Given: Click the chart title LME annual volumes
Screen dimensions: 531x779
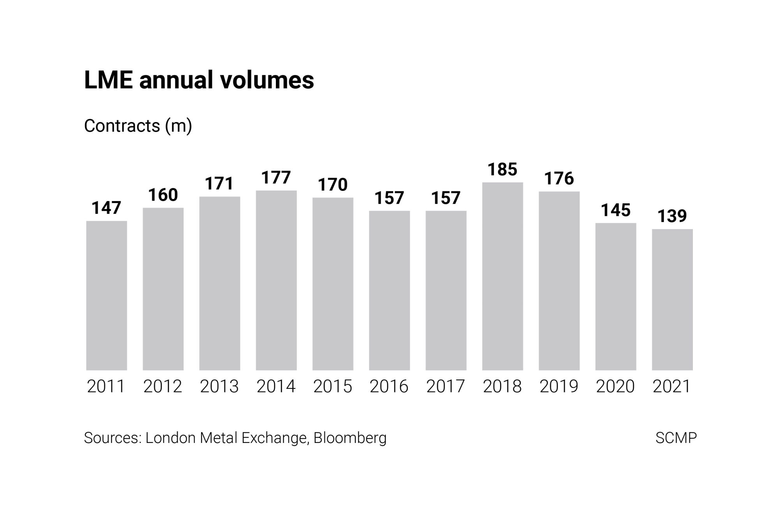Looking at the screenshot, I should pos(199,80).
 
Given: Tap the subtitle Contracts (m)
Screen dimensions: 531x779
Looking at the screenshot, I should pos(138,126).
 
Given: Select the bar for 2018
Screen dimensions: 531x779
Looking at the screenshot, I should pos(502,276).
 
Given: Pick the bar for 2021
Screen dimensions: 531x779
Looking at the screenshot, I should pos(672,300).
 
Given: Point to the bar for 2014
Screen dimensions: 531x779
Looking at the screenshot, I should pos(276,280).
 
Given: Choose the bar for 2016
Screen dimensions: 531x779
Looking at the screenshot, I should pos(389,290).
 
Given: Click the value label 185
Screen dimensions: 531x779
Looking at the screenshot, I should pos(502,169).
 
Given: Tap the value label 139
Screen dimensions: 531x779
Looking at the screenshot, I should pos(672,216).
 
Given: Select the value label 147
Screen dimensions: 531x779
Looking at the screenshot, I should pos(106,208).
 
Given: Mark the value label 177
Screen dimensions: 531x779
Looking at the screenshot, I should pos(276,178).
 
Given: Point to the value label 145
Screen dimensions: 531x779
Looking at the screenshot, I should pos(615,210).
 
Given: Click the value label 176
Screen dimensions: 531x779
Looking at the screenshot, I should pos(559,178).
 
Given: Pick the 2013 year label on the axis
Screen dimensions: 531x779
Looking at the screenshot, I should pos(219,386).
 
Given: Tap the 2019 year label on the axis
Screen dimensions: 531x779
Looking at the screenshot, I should pos(559,386).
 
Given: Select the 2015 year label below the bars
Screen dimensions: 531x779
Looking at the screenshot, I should pos(332,386).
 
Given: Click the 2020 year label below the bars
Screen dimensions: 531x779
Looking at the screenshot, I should pos(615,386).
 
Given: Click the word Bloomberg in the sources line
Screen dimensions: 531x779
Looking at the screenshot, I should pos(350,438).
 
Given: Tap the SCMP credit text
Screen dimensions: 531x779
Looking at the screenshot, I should pos(676,438).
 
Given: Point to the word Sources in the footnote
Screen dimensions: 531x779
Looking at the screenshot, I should pos(112,438).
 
